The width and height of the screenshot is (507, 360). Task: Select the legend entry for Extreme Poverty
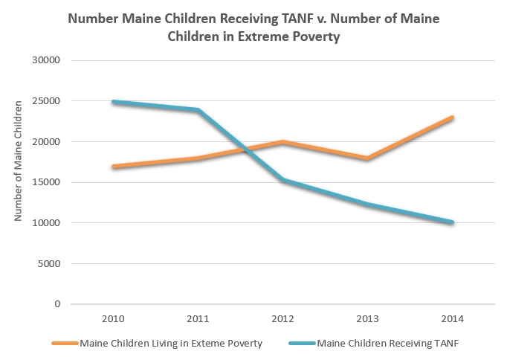click(170, 344)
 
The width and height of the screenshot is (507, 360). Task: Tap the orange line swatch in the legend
click(65, 344)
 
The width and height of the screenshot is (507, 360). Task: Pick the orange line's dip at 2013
click(367, 158)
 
